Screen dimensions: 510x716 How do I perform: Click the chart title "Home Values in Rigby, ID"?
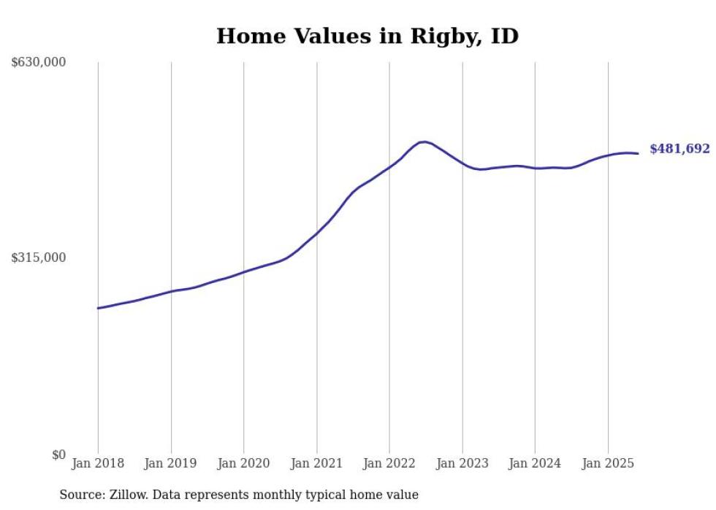click(367, 36)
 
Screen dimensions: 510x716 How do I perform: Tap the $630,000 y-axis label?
click(39, 63)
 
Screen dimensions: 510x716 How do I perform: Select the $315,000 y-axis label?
click(39, 258)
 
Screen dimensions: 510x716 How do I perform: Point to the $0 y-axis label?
click(58, 455)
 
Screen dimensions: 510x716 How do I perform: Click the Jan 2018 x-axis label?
click(98, 463)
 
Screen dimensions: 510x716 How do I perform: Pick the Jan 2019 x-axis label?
click(171, 463)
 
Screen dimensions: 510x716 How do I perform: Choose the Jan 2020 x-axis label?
click(243, 463)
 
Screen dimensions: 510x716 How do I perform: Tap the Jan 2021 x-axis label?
click(316, 463)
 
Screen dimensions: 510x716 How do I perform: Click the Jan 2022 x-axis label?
click(389, 463)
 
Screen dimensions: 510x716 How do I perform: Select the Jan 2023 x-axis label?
click(462, 463)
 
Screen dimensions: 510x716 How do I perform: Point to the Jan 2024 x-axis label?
click(535, 463)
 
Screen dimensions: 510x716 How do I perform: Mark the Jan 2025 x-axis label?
click(608, 463)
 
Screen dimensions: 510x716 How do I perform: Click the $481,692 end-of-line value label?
click(679, 149)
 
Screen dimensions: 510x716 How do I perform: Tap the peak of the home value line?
click(424, 142)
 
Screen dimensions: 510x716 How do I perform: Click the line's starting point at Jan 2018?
click(98, 308)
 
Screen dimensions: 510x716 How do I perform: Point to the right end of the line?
click(639, 153)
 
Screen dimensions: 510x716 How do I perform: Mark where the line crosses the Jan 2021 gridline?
click(316, 233)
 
